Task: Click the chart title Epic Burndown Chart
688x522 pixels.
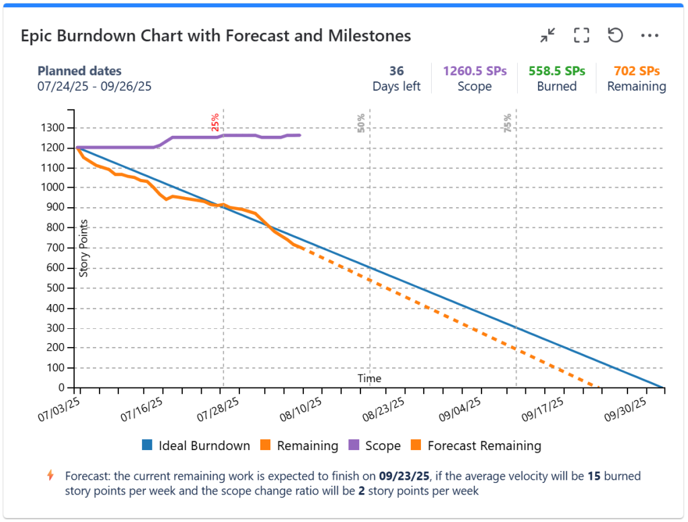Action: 215,36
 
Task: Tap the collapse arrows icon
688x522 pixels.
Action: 548,35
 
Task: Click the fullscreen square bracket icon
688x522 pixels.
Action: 581,35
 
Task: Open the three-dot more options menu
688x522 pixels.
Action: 649,35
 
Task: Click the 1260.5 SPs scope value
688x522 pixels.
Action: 474,71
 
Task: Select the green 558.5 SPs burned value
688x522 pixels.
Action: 557,71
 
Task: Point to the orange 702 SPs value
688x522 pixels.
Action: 637,71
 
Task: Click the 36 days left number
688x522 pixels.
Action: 397,71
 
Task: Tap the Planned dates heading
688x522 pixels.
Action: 79,71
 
